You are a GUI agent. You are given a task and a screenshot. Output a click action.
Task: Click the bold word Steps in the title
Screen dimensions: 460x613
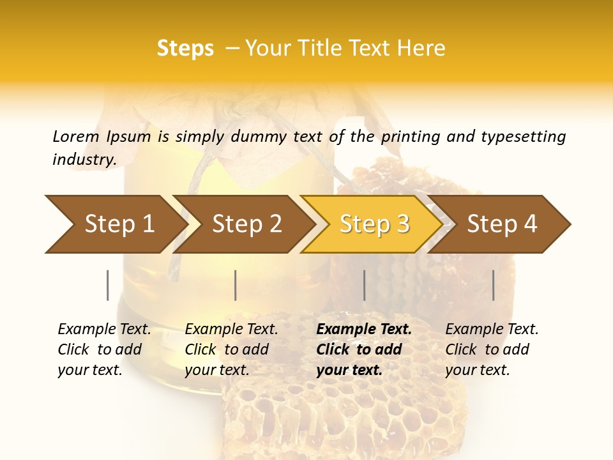pos(185,49)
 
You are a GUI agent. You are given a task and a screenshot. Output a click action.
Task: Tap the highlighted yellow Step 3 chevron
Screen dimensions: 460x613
pos(374,224)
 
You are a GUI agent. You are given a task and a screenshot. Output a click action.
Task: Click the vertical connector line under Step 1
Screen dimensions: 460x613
pos(107,285)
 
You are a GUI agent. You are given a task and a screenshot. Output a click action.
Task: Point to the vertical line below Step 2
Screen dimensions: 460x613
pos(236,285)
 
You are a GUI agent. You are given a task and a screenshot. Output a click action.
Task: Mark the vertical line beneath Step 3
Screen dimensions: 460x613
pos(364,285)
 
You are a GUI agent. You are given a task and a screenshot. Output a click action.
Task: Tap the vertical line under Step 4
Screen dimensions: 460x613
pos(493,285)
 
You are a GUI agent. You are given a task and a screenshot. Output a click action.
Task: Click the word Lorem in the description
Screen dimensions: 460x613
pos(76,137)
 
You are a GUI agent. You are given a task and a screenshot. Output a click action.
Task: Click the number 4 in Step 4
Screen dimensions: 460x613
pos(529,224)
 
